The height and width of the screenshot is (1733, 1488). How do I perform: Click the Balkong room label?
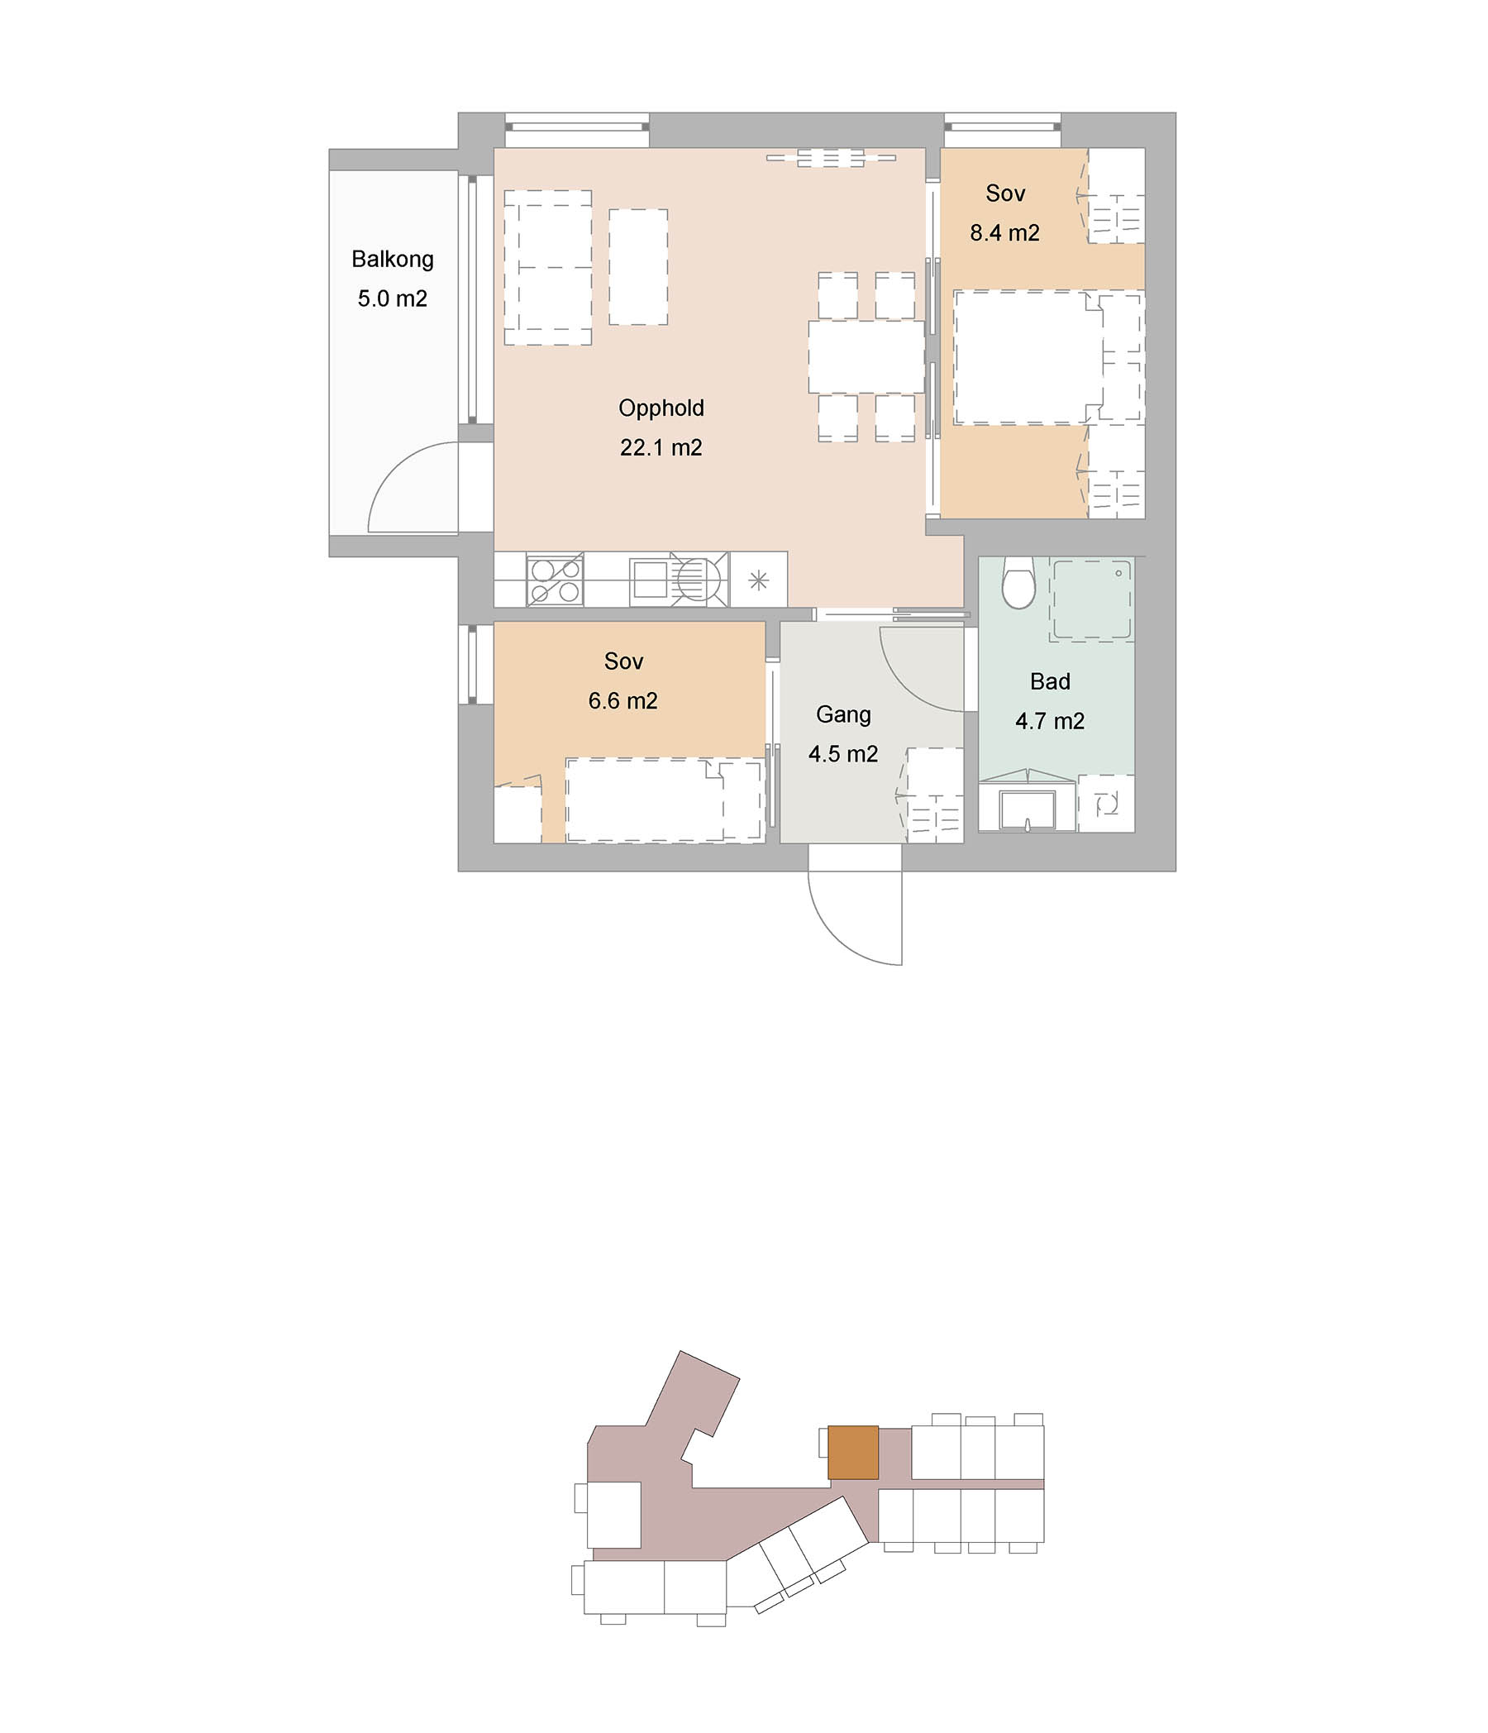pos(393,260)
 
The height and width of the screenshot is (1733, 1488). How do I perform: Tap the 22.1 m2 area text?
pos(661,447)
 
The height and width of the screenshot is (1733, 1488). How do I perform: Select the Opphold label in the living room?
pos(661,408)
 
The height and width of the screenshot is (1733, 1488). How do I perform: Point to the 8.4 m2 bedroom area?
pos(1004,232)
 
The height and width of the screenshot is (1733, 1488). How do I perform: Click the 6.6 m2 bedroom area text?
pos(622,700)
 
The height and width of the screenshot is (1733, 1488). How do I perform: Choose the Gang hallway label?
pos(843,715)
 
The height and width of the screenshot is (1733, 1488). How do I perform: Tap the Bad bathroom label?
pos(1050,681)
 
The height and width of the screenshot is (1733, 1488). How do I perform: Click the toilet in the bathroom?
pos(1018,583)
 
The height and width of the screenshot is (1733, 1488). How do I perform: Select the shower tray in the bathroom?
pos(1091,600)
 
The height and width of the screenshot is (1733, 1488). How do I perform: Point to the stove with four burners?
pos(555,580)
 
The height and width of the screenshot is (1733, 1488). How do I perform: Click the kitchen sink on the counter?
pos(650,579)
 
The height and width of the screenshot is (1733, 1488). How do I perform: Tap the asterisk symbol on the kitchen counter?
pos(758,580)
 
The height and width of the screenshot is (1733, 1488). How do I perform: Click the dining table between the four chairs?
pos(866,357)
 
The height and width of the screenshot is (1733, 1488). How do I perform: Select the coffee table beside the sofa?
pos(637,267)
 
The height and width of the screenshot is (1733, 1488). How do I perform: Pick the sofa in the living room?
pos(547,268)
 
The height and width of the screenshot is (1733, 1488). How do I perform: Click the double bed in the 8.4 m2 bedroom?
pos(1049,357)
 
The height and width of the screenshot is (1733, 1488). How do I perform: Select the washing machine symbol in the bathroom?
pos(1106,804)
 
